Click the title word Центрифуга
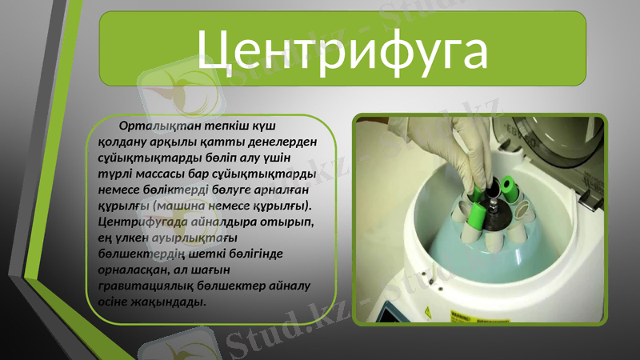point(342,50)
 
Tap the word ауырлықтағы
point(206,238)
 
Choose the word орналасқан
point(132,270)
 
